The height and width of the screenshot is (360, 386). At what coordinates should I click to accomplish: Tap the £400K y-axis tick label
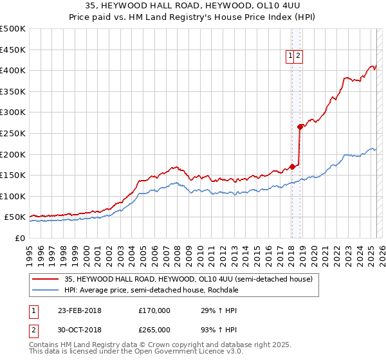14,70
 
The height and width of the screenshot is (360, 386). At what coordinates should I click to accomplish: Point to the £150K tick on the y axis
14,175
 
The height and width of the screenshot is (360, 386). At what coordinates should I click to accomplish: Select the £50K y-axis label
16,217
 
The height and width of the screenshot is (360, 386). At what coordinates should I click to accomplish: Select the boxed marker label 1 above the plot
291,56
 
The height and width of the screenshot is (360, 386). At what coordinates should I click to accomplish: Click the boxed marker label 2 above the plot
299,56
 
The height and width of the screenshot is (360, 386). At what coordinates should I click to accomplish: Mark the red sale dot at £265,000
300,127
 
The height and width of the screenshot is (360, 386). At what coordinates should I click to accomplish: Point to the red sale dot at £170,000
292,166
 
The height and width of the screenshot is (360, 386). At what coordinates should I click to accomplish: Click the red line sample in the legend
45,279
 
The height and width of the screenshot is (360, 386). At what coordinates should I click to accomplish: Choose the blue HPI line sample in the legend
45,289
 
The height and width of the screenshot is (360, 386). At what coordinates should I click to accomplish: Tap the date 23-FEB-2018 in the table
80,310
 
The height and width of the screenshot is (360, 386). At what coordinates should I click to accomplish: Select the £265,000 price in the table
154,329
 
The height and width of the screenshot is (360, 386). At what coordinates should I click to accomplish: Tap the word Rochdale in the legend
223,289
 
